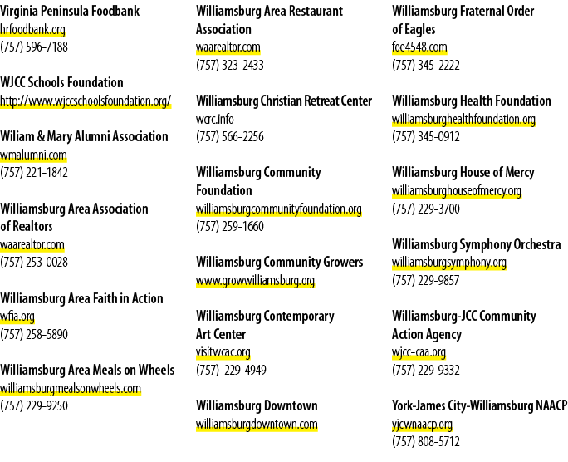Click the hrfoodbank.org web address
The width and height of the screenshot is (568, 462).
tap(32, 29)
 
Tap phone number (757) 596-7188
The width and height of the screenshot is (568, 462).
tap(34, 47)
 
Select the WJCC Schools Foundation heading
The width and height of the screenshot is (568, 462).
tap(61, 82)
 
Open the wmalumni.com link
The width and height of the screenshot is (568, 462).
tap(33, 155)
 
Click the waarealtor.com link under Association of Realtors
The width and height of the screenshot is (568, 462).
tap(32, 244)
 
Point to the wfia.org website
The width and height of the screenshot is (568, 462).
tap(17, 317)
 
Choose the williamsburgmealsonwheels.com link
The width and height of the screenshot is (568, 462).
tap(71, 388)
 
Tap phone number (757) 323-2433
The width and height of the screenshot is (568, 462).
tap(230, 65)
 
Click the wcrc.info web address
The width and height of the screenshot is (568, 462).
tap(215, 119)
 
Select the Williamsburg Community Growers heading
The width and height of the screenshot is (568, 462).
tap(279, 263)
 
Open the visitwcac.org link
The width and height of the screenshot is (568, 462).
tap(223, 352)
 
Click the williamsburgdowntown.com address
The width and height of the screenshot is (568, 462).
tap(257, 425)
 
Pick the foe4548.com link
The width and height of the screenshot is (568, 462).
tap(419, 47)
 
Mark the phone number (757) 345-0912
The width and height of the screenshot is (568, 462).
tap(426, 137)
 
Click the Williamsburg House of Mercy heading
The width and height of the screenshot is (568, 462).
tap(463, 173)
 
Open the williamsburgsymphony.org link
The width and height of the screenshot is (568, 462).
tap(449, 263)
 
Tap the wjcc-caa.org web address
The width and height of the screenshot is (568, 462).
tap(419, 352)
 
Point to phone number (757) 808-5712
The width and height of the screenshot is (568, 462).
tap(426, 442)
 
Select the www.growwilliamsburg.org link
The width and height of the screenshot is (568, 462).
tap(256, 281)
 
